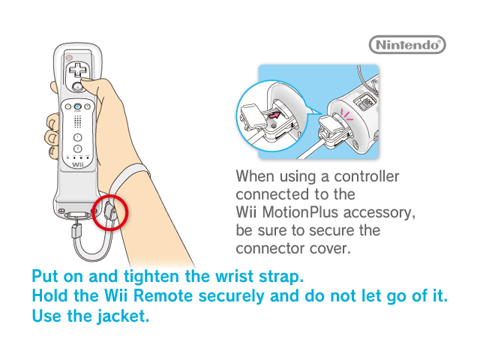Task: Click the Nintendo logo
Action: [x=407, y=45]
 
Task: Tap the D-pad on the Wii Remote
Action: [x=78, y=70]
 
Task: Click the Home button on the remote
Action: [x=78, y=106]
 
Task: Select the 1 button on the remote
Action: [x=78, y=137]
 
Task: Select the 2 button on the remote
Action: [x=78, y=149]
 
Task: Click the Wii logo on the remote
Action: [x=78, y=165]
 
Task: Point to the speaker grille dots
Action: [x=78, y=121]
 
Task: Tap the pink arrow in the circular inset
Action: [x=274, y=115]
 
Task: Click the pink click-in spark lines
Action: [x=346, y=115]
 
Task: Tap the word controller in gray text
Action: [x=367, y=176]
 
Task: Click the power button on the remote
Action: [x=70, y=58]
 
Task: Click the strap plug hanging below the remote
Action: [x=76, y=230]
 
